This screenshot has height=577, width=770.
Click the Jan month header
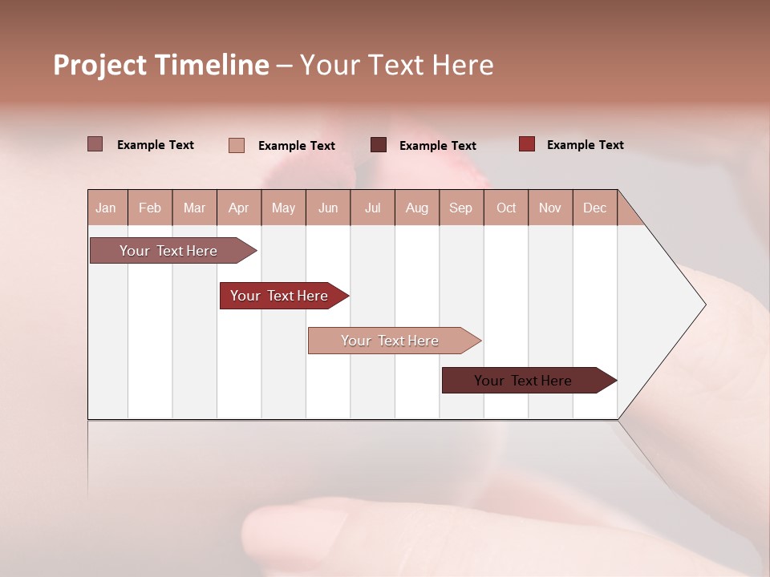pyautogui.click(x=106, y=208)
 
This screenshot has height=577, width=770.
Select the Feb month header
pyautogui.click(x=150, y=208)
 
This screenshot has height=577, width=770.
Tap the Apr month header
pyautogui.click(x=238, y=208)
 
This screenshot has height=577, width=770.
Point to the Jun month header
pyautogui.click(x=328, y=208)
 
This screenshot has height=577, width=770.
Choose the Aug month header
pyautogui.click(x=416, y=208)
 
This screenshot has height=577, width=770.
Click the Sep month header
pyautogui.click(x=460, y=208)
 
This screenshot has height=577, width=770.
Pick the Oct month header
pyautogui.click(x=506, y=208)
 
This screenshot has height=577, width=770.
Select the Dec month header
pyautogui.click(x=594, y=208)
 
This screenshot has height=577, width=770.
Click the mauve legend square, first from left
pyautogui.click(x=95, y=144)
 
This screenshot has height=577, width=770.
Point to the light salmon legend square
pyautogui.click(x=236, y=145)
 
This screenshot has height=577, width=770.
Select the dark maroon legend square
pyautogui.click(x=378, y=145)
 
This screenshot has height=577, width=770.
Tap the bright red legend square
pyautogui.click(x=526, y=144)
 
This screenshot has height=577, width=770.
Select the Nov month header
pyautogui.click(x=550, y=208)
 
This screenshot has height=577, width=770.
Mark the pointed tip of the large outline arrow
pyautogui.click(x=704, y=305)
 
